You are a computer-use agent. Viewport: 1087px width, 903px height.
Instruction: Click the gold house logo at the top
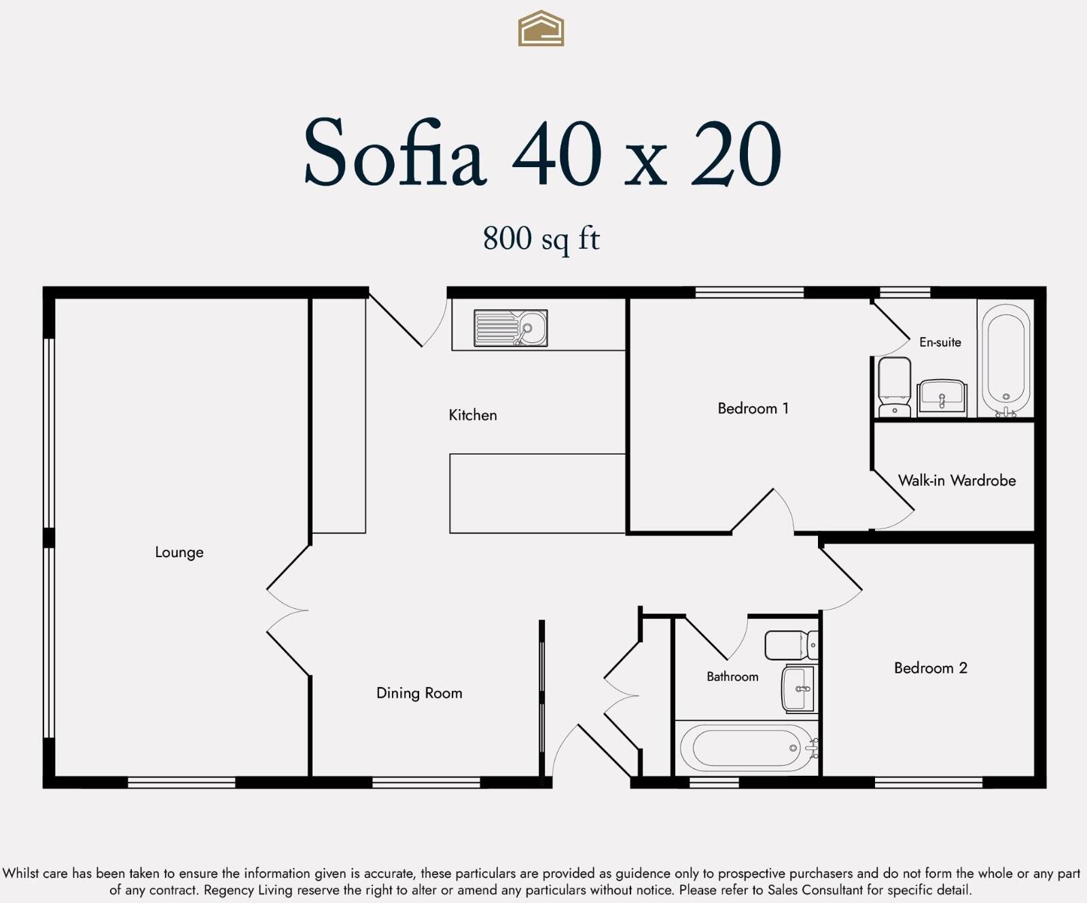pyautogui.click(x=541, y=29)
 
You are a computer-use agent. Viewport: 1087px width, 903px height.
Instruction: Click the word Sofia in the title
pyautogui.click(x=394, y=154)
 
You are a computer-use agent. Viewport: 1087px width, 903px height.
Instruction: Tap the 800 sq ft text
pyautogui.click(x=541, y=238)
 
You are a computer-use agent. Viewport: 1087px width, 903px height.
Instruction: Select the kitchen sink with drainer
pyautogui.click(x=510, y=328)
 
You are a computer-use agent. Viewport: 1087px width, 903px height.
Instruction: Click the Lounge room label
pyautogui.click(x=179, y=552)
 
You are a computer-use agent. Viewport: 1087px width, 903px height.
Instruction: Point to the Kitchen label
pyautogui.click(x=473, y=415)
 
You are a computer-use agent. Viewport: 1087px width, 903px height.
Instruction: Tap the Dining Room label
pyautogui.click(x=419, y=693)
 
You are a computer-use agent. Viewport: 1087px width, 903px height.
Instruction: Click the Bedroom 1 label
pyautogui.click(x=753, y=408)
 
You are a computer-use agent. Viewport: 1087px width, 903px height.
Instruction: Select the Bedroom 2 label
pyautogui.click(x=930, y=668)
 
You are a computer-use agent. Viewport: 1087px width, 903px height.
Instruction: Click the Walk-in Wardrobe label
pyautogui.click(x=957, y=480)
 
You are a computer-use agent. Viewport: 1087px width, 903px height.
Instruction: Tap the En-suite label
pyautogui.click(x=940, y=342)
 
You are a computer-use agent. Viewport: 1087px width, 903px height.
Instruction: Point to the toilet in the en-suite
pyautogui.click(x=895, y=387)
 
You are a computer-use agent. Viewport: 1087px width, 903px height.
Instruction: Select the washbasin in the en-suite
pyautogui.click(x=942, y=397)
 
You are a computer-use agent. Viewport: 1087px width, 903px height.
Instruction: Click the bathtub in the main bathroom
pyautogui.click(x=747, y=748)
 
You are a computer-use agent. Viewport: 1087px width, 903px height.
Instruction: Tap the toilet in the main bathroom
pyautogui.click(x=791, y=645)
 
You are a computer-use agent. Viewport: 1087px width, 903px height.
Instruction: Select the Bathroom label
pyautogui.click(x=732, y=677)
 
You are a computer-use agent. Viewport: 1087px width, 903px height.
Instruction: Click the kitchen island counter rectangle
pyautogui.click(x=537, y=493)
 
